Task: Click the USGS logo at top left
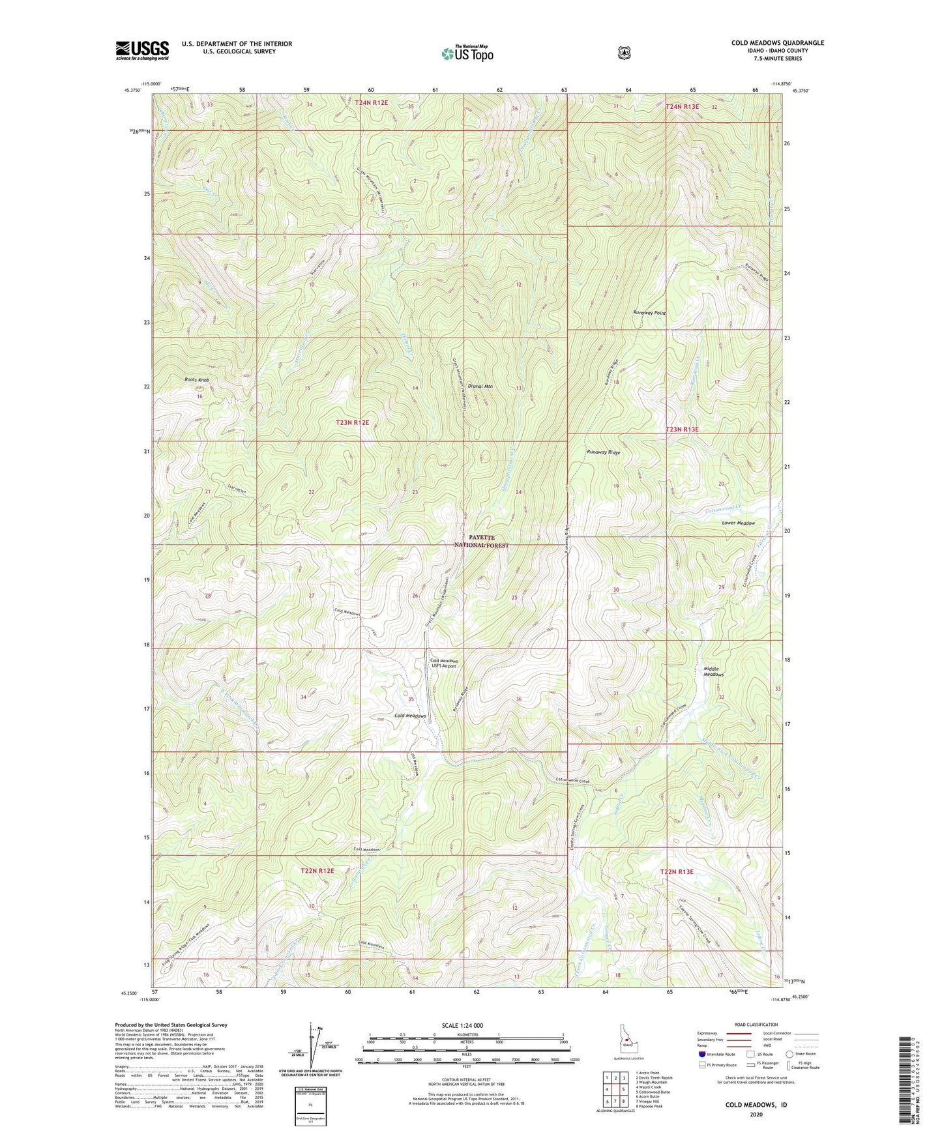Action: (x=142, y=50)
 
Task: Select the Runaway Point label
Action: (x=650, y=313)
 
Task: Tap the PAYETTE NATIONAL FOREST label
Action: (x=482, y=541)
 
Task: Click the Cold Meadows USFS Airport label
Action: (x=443, y=664)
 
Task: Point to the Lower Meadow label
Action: (x=738, y=523)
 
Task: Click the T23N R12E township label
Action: (x=352, y=422)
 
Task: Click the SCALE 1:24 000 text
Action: (x=462, y=1025)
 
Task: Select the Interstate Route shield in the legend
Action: (x=701, y=1054)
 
